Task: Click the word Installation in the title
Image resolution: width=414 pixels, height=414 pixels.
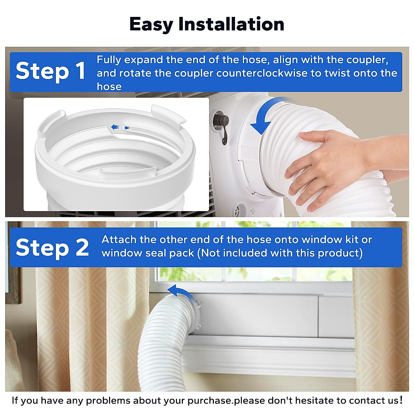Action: [x=231, y=24]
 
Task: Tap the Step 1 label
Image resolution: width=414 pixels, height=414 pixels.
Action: [x=50, y=71]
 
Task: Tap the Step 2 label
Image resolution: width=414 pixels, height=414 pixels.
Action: [x=52, y=247]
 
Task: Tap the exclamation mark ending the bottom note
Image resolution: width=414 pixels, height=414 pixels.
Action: [x=401, y=400]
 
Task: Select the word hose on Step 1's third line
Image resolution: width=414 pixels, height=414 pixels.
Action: [x=109, y=86]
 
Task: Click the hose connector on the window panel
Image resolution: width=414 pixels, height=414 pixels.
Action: [x=195, y=314]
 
